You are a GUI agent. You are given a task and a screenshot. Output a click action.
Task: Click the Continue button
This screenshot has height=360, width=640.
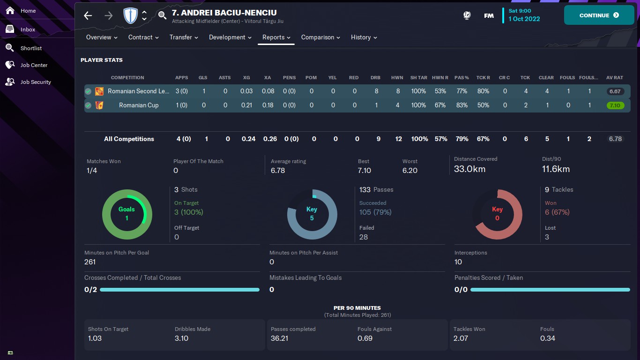599,15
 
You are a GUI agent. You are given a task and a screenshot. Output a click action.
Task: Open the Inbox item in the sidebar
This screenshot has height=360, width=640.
28,30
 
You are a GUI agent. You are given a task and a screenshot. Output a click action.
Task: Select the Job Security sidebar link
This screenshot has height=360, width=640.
36,82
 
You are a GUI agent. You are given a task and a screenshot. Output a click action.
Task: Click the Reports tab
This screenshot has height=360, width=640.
276,37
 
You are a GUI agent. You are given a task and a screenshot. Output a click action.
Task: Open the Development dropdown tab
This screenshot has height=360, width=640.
230,37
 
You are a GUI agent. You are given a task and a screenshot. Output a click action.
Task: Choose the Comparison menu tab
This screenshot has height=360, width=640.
320,37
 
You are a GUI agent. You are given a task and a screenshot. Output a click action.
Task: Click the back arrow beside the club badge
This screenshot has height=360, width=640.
88,15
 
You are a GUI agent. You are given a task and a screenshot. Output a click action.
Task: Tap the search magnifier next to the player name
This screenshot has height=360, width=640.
162,15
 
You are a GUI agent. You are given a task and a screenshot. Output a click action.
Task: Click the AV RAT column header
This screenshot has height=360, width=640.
615,78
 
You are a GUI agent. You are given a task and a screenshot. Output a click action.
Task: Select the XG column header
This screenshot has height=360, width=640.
246,78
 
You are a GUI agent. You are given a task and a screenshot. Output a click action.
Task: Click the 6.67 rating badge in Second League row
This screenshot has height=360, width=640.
615,91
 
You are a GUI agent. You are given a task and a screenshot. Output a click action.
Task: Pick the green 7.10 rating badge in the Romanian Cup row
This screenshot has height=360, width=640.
615,105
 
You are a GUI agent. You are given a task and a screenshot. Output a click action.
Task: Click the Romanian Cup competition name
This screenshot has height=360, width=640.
139,105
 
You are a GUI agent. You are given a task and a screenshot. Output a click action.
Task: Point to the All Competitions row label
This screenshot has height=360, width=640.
129,139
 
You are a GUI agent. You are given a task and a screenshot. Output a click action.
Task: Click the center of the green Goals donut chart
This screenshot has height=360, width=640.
127,214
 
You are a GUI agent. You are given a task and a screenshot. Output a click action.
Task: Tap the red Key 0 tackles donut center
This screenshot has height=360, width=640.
497,214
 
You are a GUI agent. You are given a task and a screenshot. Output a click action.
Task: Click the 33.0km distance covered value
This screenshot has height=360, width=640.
469,169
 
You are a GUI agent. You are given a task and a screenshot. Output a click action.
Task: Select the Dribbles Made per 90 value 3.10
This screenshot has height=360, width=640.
182,338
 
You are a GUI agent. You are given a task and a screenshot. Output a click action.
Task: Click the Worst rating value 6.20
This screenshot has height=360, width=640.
409,170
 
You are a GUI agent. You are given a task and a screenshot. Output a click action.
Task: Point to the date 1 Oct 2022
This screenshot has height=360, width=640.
524,19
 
